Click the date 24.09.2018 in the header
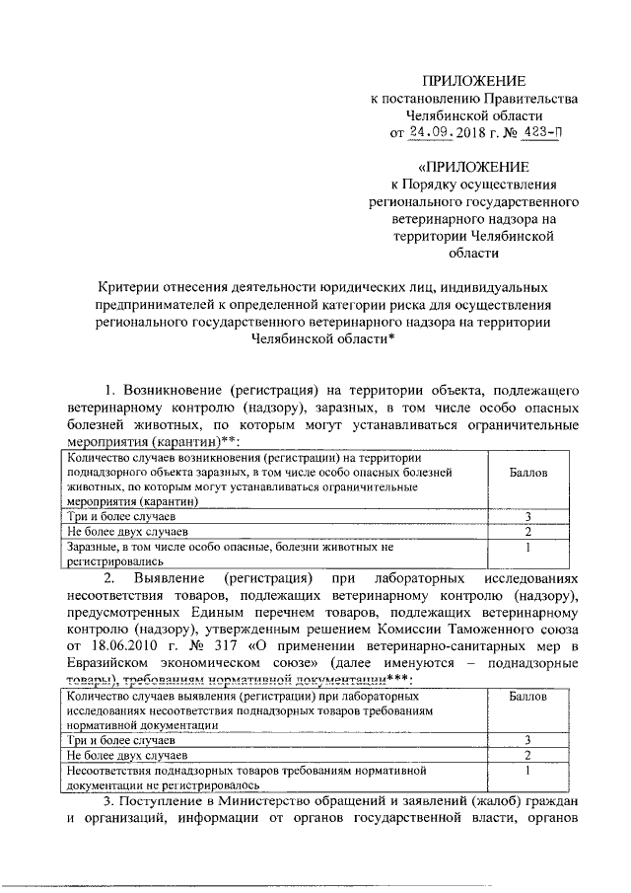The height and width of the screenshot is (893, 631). [443, 131]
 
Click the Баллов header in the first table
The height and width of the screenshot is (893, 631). [528, 472]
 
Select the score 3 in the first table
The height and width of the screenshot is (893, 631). [528, 517]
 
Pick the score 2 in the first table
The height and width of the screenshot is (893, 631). [528, 532]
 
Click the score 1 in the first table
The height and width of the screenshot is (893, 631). [528, 546]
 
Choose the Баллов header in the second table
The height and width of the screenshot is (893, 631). [528, 697]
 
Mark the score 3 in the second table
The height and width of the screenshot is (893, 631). [528, 739]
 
